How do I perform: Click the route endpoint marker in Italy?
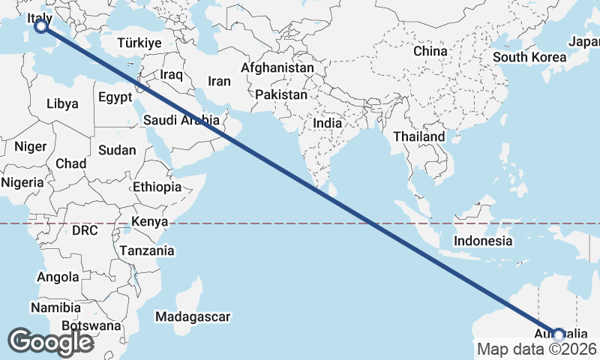[x=41, y=26]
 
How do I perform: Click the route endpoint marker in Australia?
[x=558, y=334]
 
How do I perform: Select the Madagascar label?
[x=193, y=317]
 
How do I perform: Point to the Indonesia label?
[x=483, y=241]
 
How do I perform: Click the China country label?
[x=430, y=51]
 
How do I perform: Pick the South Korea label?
[x=529, y=57]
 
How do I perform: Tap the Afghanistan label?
[x=277, y=67]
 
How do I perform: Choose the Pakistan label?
[x=281, y=95]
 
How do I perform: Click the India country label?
[x=328, y=123]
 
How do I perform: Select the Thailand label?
[x=418, y=136]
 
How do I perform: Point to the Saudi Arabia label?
[x=181, y=120]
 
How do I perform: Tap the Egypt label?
[x=115, y=97]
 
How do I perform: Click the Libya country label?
[x=62, y=103]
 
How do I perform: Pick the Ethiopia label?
[x=157, y=187]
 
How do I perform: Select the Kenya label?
[x=149, y=221]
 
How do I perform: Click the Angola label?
[x=58, y=277]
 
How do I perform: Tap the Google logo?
[x=50, y=342]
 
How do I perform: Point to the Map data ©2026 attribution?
[x=536, y=349]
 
